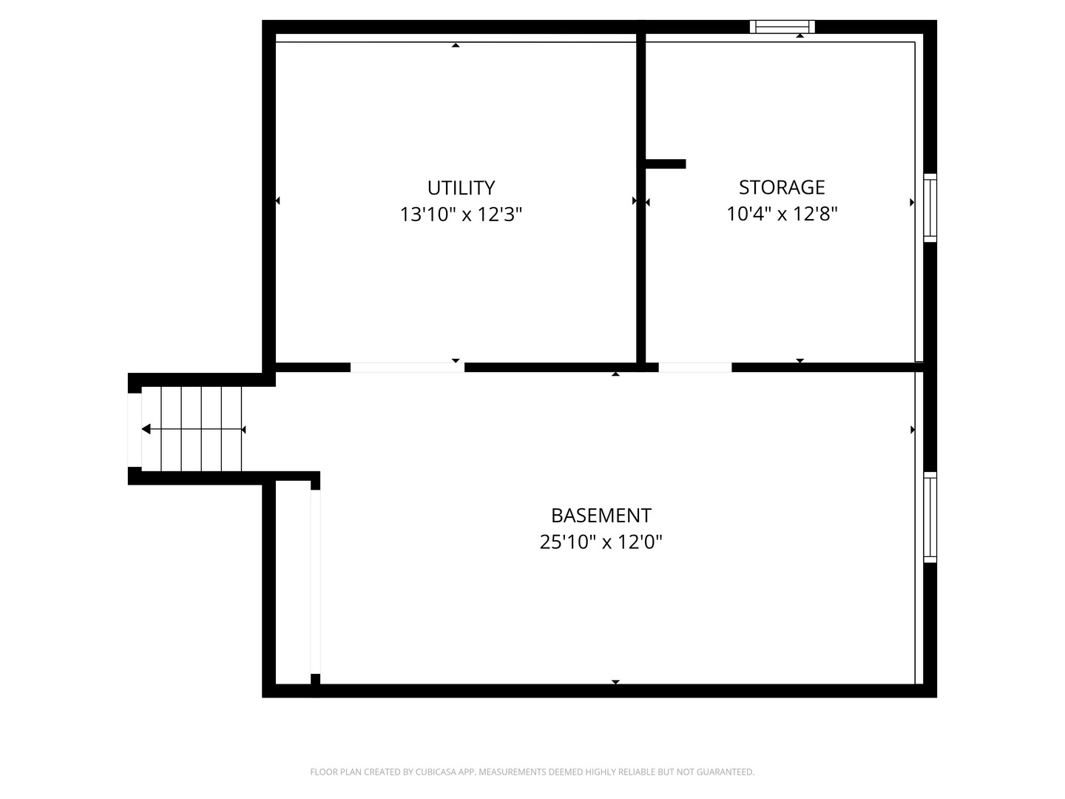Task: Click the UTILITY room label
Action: pos(461,187)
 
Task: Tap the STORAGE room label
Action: pos(782,186)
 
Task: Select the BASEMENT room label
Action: pos(601,515)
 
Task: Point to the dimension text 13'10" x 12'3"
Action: pos(461,215)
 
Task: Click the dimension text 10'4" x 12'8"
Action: pos(782,214)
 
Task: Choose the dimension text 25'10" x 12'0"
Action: pos(601,542)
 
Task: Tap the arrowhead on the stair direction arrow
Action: pos(146,429)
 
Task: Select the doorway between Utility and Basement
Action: pos(407,367)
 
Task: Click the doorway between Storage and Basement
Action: pos(694,367)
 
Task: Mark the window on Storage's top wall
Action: pos(782,27)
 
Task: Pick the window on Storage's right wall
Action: pos(930,208)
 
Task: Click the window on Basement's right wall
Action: pos(930,517)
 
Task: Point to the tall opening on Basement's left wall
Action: pos(315,581)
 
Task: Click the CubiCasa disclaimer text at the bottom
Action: pos(532,772)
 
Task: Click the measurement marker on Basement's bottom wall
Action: pos(615,682)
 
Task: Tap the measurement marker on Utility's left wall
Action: pos(277,200)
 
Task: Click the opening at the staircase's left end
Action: pos(135,429)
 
